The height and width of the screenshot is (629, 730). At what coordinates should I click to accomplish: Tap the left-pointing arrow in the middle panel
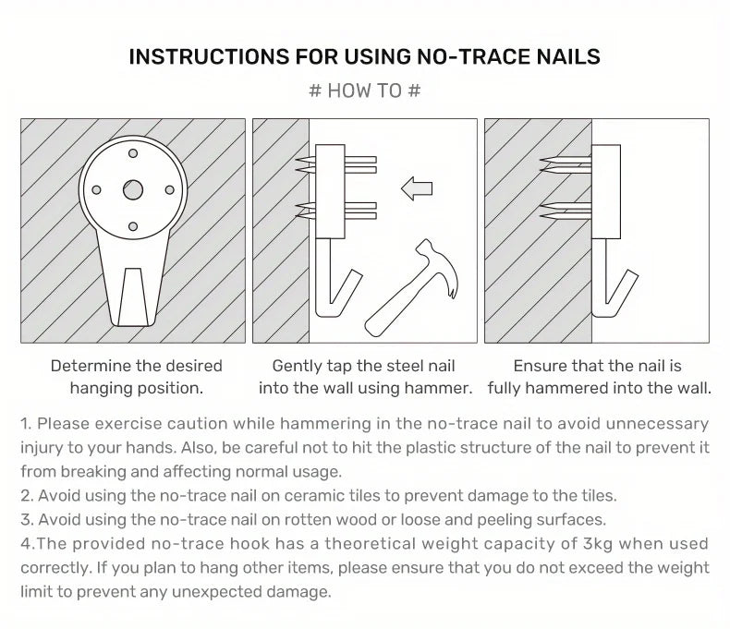pos(417,188)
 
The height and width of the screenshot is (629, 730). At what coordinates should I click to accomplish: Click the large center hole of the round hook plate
pos(133,190)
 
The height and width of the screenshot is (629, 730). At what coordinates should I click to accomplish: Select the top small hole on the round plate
pos(133,153)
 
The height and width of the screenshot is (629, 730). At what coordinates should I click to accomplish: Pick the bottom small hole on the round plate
pos(133,226)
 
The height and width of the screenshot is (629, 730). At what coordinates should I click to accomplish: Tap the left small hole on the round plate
pos(96,190)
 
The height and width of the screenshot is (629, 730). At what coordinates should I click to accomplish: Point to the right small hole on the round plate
pos(169,190)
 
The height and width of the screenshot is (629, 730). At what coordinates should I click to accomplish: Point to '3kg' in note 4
pos(598,544)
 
